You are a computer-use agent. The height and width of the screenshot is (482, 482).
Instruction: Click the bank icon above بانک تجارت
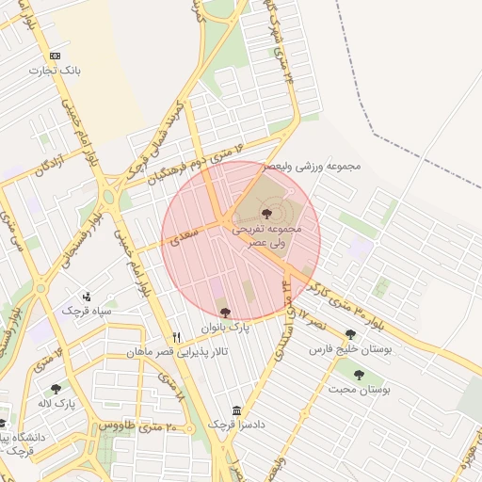tap(56, 56)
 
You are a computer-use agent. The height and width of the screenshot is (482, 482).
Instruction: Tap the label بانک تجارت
tap(56, 71)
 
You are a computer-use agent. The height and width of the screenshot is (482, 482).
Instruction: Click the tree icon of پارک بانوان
tap(224, 313)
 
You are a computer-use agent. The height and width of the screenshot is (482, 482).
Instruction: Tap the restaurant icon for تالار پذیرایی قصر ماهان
tap(176, 338)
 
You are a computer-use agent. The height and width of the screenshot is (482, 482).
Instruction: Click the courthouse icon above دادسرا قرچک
tap(236, 410)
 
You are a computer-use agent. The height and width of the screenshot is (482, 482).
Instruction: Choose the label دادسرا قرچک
tap(234, 426)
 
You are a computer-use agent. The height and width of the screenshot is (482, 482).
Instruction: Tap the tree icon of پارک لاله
tap(56, 388)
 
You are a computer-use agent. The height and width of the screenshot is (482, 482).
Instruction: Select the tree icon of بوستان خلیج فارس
tap(350, 334)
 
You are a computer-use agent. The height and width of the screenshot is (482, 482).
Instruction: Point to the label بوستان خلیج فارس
tap(350, 349)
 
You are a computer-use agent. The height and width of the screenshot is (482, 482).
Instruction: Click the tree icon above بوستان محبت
tap(359, 375)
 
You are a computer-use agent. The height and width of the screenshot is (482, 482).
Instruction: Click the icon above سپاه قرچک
tap(87, 297)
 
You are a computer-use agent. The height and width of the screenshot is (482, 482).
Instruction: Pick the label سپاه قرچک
tap(88, 311)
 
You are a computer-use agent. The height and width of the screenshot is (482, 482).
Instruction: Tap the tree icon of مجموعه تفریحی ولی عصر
tap(266, 215)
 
